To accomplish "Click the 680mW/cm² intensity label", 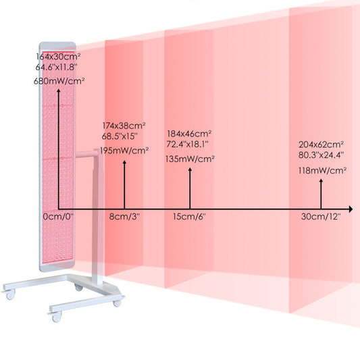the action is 59,81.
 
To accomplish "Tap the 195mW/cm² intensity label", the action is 124,151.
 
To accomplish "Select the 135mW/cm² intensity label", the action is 190,159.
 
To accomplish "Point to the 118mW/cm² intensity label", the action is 322,171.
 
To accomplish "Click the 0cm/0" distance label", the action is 58,217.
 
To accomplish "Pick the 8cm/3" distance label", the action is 124,217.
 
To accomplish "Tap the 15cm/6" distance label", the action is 189,217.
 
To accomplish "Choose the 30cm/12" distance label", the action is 321,217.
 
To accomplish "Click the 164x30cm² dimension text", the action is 58,57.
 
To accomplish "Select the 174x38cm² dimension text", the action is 124,126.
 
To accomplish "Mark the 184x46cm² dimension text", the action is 189,133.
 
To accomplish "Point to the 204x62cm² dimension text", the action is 321,145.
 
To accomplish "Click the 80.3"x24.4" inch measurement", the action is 321,155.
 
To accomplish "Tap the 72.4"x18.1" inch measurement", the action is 187,144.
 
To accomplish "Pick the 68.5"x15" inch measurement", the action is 120,136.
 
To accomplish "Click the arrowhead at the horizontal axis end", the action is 351,209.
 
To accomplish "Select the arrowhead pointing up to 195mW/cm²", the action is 124,162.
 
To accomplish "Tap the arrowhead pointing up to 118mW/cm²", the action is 321,181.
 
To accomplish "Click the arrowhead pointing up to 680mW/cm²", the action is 59,91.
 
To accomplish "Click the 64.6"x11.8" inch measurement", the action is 56,68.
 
